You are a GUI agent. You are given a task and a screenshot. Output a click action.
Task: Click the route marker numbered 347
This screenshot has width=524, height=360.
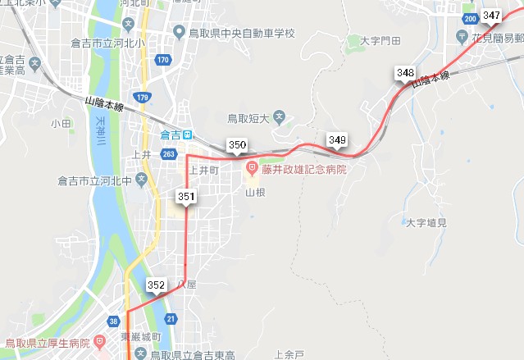[x=492, y=16]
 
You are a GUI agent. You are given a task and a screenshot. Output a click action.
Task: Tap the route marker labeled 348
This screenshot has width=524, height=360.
[x=405, y=74]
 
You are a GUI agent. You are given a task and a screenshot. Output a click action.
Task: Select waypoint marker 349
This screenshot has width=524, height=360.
[x=337, y=140]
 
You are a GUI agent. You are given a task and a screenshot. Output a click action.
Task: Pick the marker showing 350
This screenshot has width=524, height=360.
[x=238, y=146]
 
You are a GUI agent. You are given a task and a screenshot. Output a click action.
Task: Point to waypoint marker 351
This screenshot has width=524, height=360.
[x=186, y=197]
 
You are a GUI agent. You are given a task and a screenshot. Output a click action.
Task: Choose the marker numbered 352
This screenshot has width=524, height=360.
[x=157, y=285]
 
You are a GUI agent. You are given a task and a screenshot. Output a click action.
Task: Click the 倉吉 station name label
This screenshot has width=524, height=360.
[x=171, y=134]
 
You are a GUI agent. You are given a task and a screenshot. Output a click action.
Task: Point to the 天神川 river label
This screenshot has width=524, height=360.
[x=101, y=133]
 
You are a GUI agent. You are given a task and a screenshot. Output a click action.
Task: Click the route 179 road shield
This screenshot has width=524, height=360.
[x=144, y=98]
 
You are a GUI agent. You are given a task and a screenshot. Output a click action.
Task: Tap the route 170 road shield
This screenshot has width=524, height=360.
[x=163, y=60]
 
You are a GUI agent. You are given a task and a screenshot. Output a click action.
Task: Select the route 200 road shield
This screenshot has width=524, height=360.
[x=470, y=18]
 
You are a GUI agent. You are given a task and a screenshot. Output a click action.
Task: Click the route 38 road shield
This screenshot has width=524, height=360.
[x=113, y=321]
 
